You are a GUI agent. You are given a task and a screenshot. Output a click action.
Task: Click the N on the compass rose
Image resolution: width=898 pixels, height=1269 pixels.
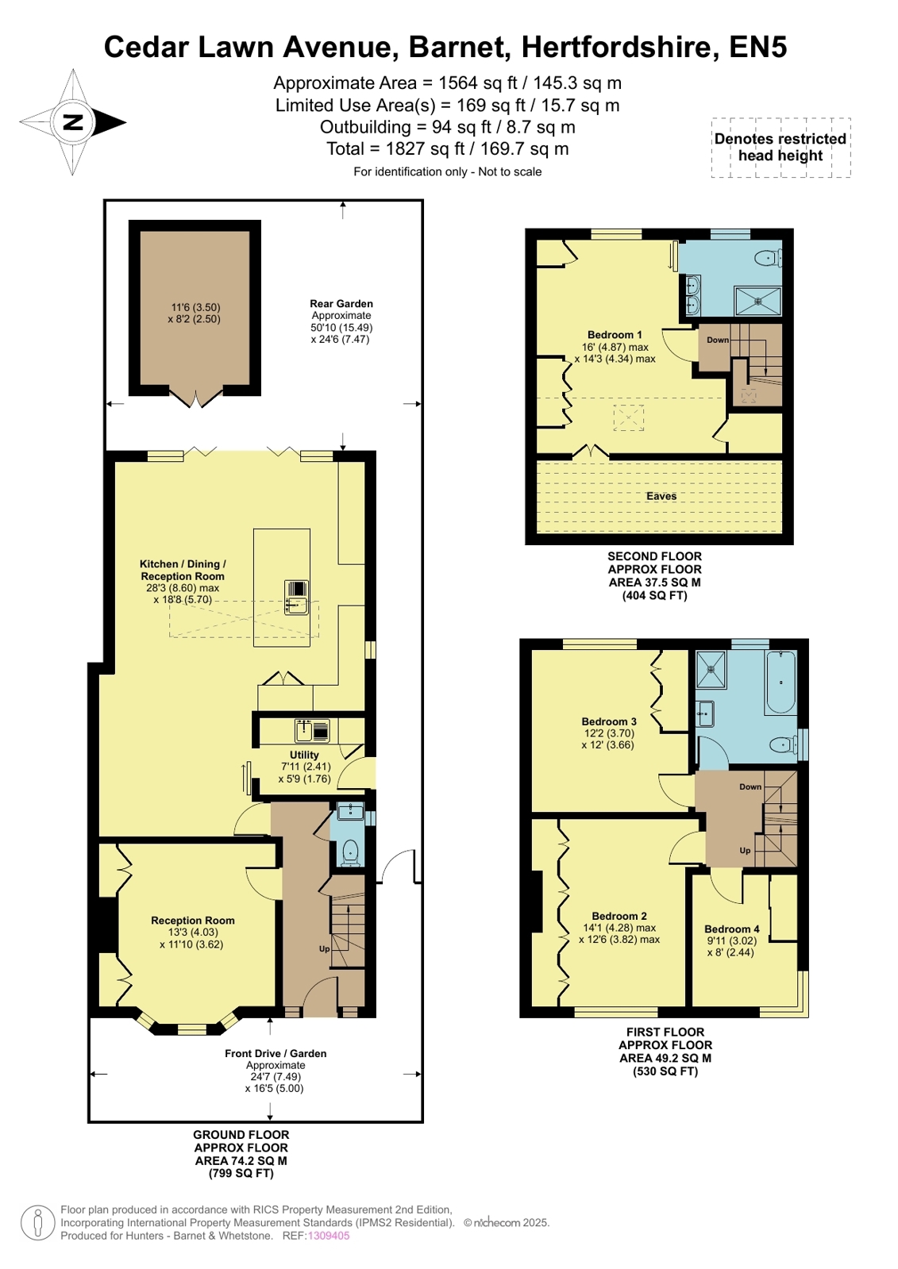[x=73, y=121]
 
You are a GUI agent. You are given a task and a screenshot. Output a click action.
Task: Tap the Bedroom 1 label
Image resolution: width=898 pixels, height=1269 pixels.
[x=615, y=335]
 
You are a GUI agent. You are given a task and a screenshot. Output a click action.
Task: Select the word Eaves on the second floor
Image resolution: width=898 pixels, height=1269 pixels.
[x=661, y=496]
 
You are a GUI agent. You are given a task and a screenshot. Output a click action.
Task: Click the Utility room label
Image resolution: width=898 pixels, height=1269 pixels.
[x=304, y=756]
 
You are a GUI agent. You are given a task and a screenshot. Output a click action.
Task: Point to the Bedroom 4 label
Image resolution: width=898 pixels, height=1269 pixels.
[x=731, y=929]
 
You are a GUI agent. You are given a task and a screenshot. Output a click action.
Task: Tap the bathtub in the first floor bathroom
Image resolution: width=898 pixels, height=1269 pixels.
[x=781, y=682]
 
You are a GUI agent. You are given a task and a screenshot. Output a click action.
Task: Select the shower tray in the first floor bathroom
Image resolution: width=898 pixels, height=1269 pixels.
[x=711, y=669]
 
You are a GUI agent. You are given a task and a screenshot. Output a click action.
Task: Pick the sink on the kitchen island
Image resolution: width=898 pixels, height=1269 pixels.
[x=296, y=598]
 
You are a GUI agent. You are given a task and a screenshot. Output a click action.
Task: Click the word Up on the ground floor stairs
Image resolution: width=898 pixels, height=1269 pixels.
[x=324, y=949]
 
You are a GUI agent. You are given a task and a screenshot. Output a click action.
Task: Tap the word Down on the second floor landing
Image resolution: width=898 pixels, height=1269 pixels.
[x=718, y=340]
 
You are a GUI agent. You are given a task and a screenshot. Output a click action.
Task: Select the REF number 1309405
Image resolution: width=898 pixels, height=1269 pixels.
[x=328, y=1236]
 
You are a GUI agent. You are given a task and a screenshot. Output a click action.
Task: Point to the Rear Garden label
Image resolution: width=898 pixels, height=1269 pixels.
[x=341, y=304]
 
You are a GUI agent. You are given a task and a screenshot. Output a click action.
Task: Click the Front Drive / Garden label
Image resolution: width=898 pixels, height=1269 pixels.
[x=276, y=1054]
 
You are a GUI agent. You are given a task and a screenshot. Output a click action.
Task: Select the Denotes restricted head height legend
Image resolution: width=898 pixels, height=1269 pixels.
[x=780, y=148]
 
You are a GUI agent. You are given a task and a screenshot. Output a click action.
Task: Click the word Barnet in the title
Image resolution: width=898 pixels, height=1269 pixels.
[x=457, y=47]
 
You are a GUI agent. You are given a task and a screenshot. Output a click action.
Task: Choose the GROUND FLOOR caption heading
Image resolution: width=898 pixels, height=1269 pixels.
[x=241, y=1135]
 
